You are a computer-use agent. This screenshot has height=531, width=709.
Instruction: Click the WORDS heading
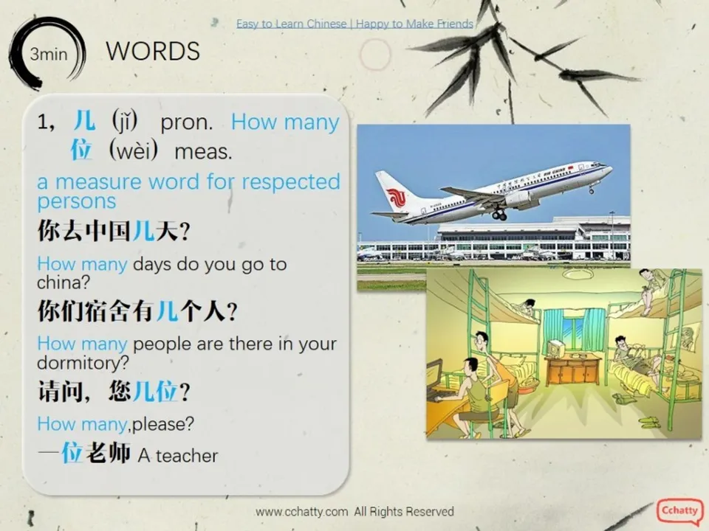153,51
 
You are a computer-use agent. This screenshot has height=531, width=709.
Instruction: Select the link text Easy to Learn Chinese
291,24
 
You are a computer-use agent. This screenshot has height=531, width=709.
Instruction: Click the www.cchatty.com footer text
301,511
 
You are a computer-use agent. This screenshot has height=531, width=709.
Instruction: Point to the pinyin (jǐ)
128,121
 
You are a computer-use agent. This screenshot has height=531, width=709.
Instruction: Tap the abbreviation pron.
186,122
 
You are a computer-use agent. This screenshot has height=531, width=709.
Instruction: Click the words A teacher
178,456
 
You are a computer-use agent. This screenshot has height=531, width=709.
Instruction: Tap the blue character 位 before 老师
72,452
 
